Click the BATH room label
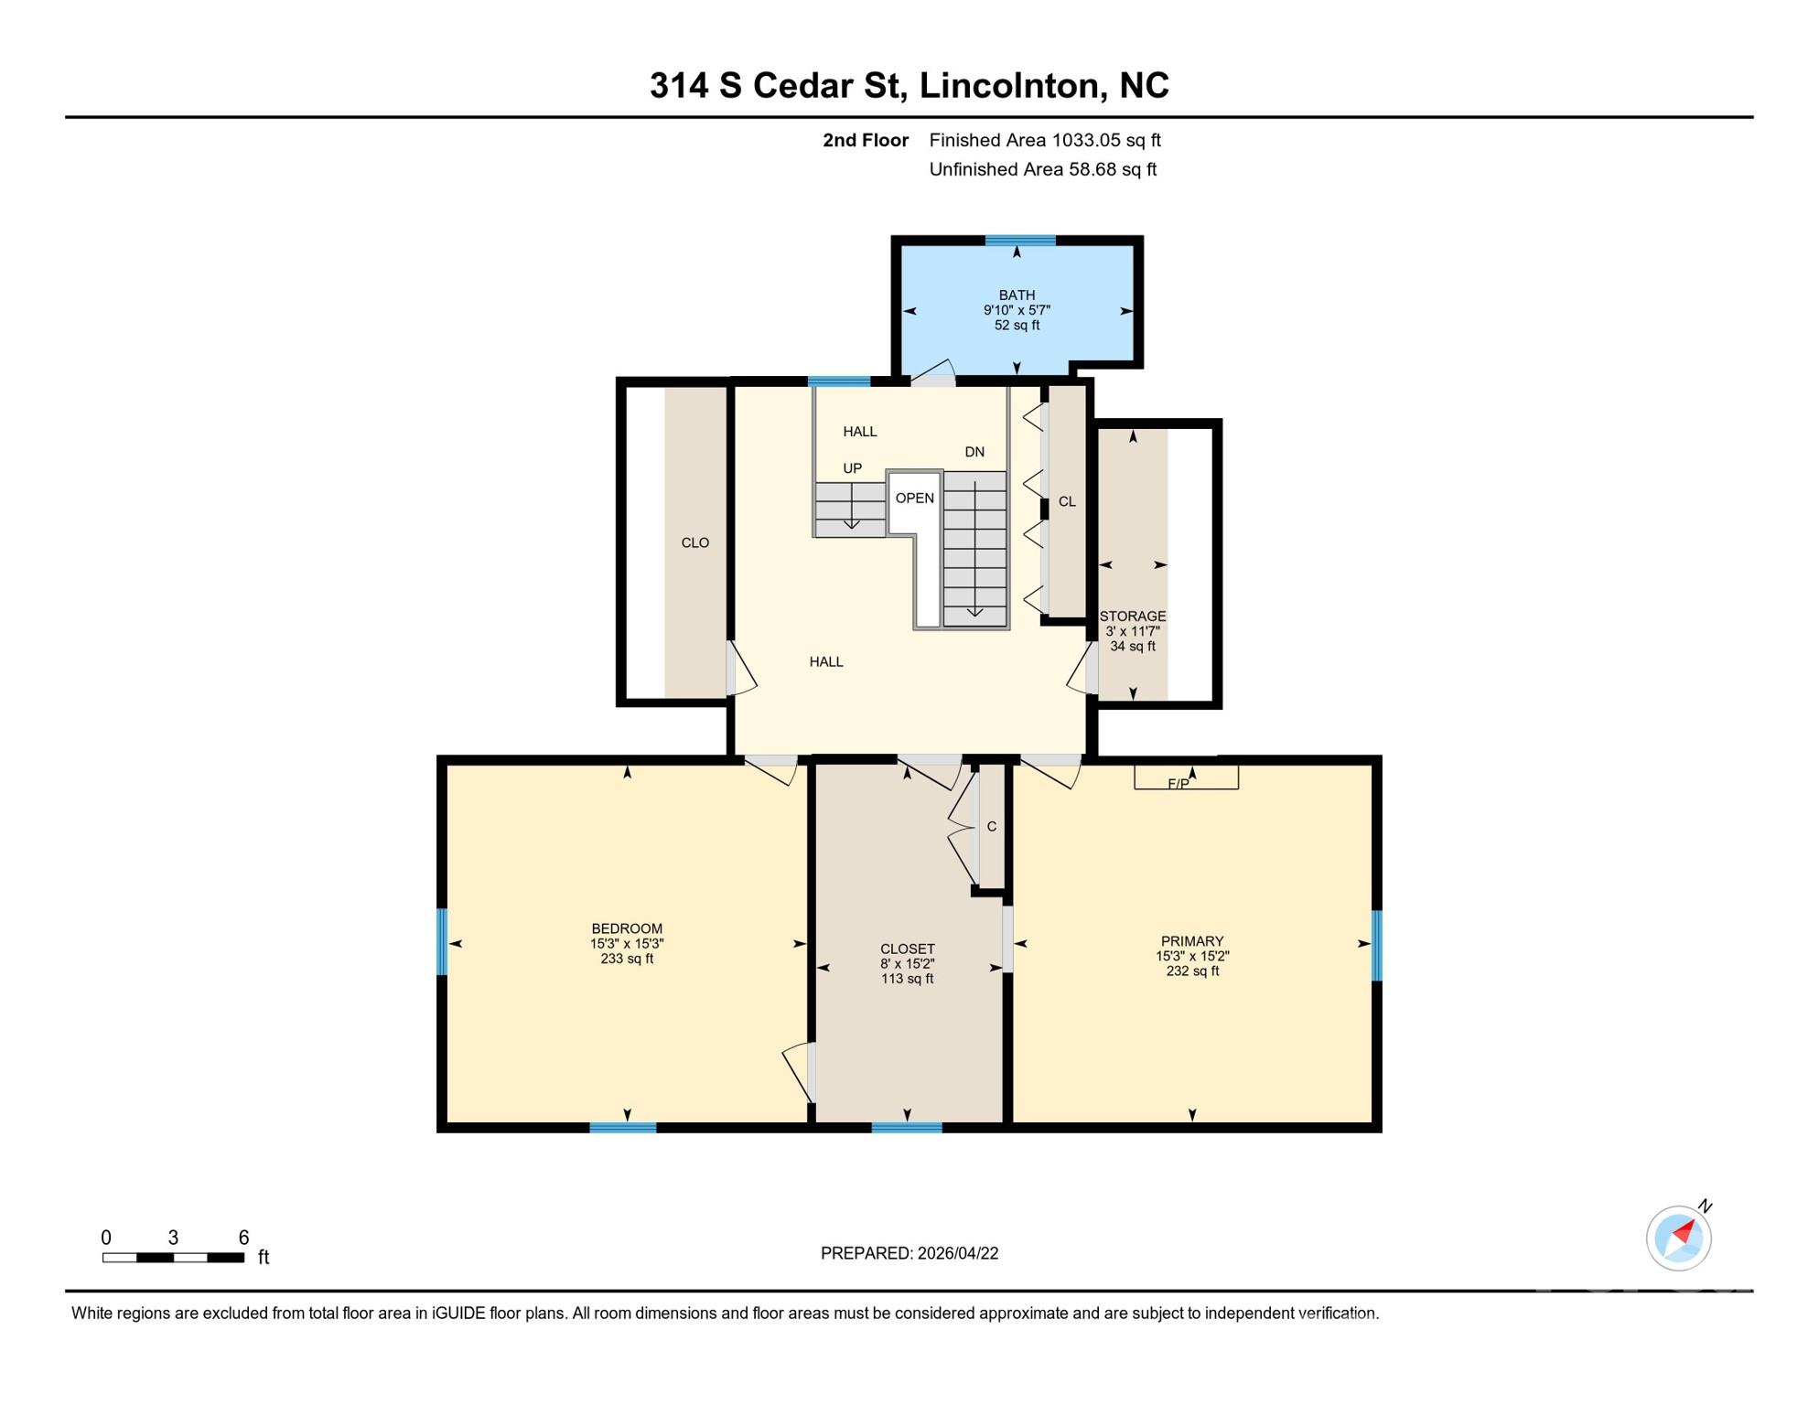1017,295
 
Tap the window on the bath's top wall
1020,241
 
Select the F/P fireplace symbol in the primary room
1186,777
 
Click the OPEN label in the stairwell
915,498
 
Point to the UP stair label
852,468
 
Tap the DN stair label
974,452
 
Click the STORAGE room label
1133,617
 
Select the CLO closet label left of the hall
695,542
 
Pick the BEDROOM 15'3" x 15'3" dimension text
627,944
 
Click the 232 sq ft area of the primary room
1192,971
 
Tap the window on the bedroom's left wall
442,941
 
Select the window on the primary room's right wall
1376,946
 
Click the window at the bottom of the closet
907,1127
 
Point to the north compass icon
1679,1238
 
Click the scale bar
173,1258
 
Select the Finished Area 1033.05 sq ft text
1045,140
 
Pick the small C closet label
992,827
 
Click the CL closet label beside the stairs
1067,501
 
